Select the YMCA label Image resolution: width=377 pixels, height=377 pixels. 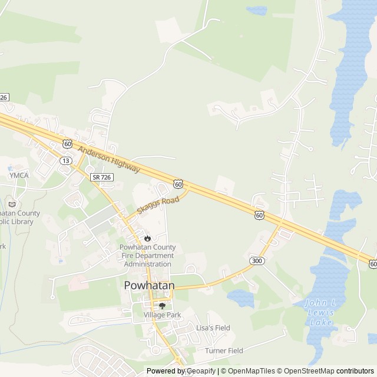coord(18,176)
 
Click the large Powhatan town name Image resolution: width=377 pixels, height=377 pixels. coord(149,285)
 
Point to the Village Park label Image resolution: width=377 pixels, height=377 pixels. coord(162,315)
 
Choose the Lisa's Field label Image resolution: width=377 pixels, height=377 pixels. coord(213,328)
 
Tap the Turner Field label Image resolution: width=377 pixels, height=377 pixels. coord(224,350)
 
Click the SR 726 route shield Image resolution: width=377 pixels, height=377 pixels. coord(101,177)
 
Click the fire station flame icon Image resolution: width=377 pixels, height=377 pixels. coord(147,237)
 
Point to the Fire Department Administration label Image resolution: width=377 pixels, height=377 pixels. coord(147,256)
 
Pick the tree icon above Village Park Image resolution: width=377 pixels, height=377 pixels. coord(162,306)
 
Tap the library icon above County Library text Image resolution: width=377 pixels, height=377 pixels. coord(12,203)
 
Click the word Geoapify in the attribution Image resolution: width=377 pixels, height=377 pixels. coord(200,371)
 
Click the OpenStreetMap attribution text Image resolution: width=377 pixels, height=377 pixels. coord(309,371)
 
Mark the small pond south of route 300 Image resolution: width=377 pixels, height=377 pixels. coord(240,298)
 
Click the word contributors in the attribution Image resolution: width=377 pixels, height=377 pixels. coord(355,371)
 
